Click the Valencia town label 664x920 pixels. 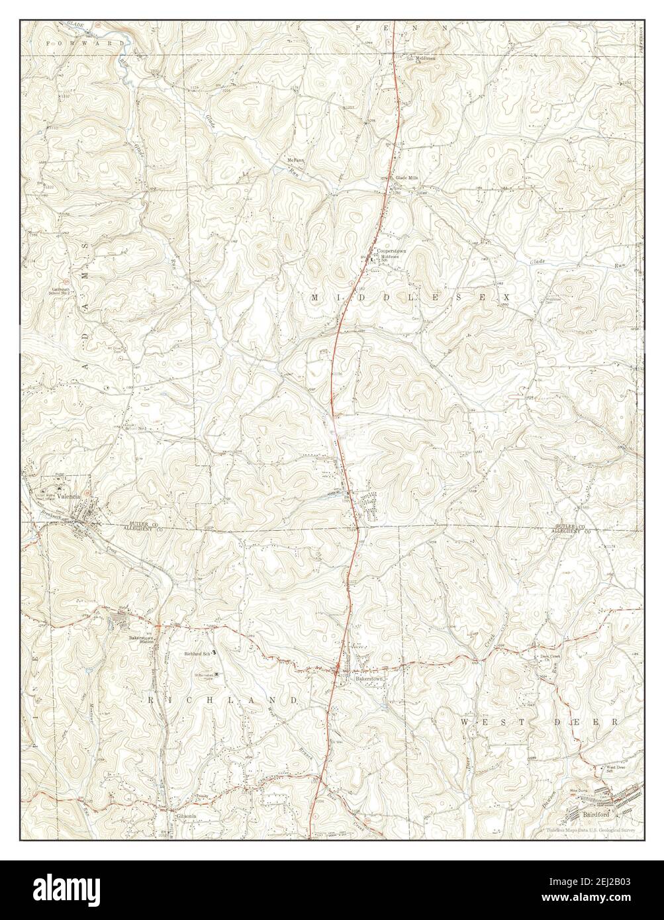[x=68, y=496]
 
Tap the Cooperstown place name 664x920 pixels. [x=391, y=252]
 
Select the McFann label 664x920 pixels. [x=295, y=160]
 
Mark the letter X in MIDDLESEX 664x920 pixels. [x=506, y=298]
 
